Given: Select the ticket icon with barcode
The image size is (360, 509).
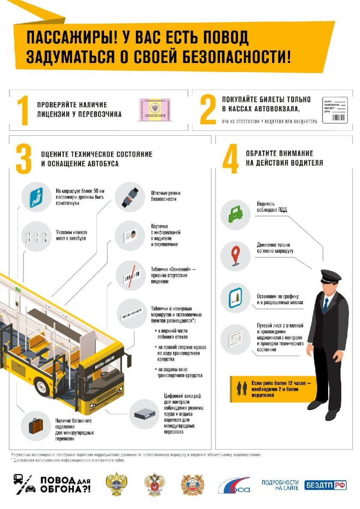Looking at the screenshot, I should point(334,110).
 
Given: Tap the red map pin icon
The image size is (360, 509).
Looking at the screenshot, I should point(235,256).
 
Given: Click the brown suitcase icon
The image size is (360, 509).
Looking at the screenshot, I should point(36,425).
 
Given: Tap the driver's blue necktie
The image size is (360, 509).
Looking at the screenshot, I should point(326,304).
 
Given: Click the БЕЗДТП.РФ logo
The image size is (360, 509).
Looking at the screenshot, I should point(325,485).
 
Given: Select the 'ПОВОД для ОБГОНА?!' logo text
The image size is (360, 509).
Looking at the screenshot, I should point(64,485).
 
